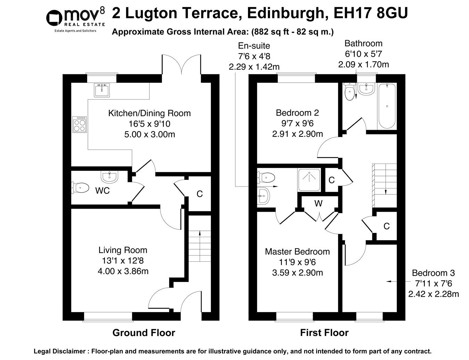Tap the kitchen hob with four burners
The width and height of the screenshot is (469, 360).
[x=80, y=124]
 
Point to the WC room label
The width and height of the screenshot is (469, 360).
[x=102, y=191]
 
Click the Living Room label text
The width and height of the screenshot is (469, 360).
[x=123, y=250]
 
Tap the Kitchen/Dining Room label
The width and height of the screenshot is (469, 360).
[x=149, y=113]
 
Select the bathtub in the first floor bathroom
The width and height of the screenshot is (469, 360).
[x=387, y=106]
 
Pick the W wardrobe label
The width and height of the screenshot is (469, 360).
[x=319, y=204]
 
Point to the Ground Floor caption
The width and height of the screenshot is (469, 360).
[x=143, y=333]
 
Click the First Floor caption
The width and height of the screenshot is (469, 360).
[x=324, y=333]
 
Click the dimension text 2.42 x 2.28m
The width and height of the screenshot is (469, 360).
[x=433, y=294]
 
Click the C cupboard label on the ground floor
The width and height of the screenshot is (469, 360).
[x=199, y=194]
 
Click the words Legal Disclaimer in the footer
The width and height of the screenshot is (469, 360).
[x=59, y=351]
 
